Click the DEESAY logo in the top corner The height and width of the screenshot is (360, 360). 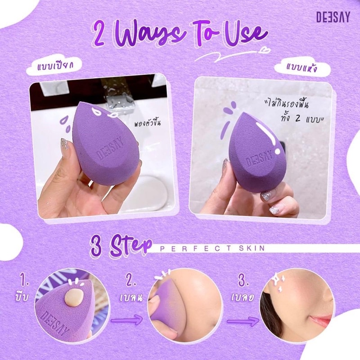pos(333,17)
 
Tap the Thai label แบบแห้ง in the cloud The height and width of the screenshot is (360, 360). pos(302,67)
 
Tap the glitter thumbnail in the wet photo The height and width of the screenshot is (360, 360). pos(65,144)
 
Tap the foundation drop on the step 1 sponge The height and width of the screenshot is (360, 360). pos(74,295)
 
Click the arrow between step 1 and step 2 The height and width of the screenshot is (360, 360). pos(127,319)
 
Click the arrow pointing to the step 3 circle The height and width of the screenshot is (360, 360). pos(243,320)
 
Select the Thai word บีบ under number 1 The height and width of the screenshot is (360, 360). pos(22,297)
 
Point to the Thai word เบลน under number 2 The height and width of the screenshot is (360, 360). pos(131,297)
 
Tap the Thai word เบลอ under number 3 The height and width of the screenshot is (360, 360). pos(243,297)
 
